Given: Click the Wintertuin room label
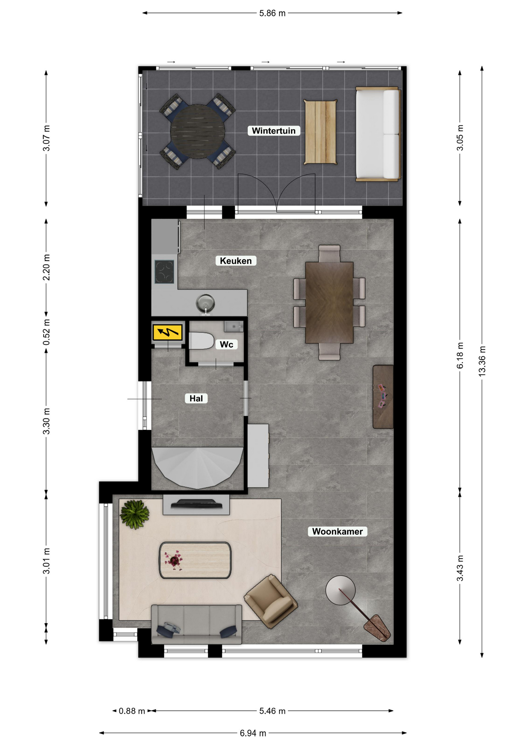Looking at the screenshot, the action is [274, 131].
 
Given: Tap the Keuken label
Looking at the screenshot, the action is [236, 261].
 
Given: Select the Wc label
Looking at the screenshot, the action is [226, 345].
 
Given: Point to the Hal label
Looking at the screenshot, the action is [196, 398].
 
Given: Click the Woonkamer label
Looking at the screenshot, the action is [337, 532].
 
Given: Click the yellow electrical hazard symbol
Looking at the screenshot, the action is [168, 333].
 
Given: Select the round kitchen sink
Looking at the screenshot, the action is [205, 303].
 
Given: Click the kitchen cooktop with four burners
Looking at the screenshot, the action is [164, 272].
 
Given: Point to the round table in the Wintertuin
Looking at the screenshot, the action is [198, 131].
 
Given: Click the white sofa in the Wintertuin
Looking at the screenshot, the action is [378, 134].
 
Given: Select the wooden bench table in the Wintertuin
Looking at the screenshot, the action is [320, 132].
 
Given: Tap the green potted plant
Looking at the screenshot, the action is [135, 514].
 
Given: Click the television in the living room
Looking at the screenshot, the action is [197, 504].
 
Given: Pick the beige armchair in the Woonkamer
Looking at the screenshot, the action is [271, 601].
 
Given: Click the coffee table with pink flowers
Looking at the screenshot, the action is [195, 560].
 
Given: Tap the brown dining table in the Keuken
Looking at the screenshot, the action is [329, 303].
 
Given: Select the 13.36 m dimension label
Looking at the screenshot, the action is [482, 361].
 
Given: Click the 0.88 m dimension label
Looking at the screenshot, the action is [132, 711].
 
